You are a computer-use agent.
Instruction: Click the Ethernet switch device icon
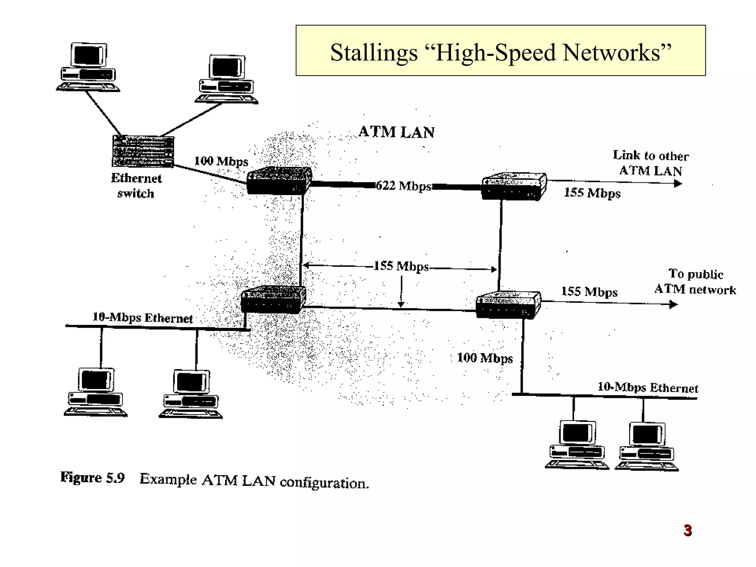[x=143, y=151]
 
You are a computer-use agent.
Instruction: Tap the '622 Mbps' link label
[x=403, y=186]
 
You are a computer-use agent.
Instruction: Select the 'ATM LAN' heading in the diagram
[x=396, y=132]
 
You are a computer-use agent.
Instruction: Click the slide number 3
[x=687, y=530]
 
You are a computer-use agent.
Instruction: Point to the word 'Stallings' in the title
[x=373, y=52]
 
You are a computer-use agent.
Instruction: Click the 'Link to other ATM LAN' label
[x=651, y=163]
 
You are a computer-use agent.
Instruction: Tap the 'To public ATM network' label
[x=695, y=282]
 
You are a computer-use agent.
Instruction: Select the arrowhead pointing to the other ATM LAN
[x=678, y=183]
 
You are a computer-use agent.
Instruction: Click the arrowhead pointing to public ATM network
[x=674, y=305]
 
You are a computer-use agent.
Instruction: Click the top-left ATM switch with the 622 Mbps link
[x=279, y=181]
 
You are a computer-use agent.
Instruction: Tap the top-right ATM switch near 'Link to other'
[x=514, y=186]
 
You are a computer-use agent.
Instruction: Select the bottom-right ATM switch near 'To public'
[x=508, y=305]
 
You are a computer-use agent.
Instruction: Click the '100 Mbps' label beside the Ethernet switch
[x=221, y=161]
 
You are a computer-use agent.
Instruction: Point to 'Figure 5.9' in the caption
[x=92, y=478]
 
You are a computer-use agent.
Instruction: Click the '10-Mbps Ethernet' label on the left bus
[x=142, y=318]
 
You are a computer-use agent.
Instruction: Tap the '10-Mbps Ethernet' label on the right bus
[x=648, y=388]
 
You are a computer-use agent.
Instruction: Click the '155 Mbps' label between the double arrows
[x=401, y=266]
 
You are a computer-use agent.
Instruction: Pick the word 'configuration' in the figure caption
[x=324, y=483]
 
